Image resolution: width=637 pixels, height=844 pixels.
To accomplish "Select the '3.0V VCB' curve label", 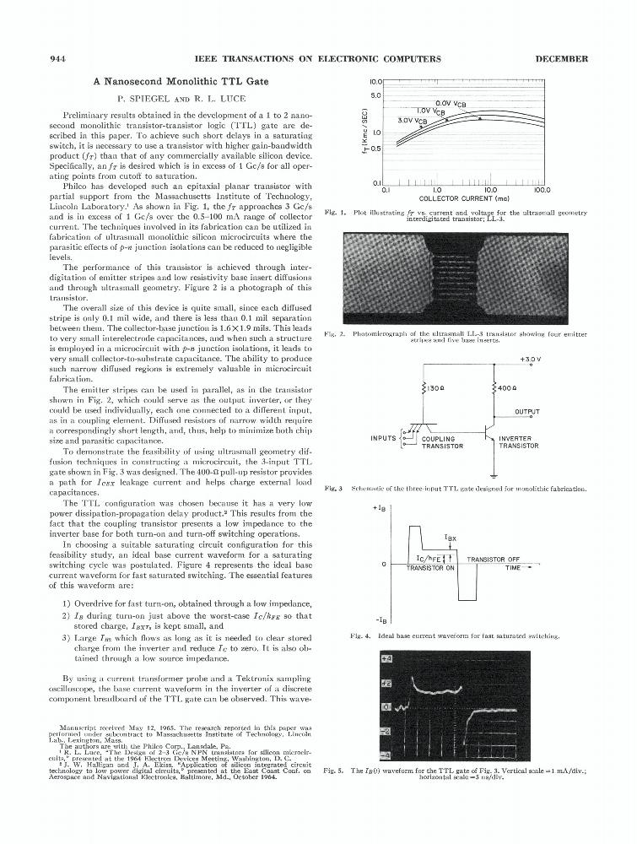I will pyautogui.click(x=413, y=120).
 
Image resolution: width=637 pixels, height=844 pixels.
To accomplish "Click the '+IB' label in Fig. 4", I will pyautogui.click(x=379, y=508).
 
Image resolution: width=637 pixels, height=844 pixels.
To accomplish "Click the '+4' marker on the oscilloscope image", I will pyautogui.click(x=386, y=657).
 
